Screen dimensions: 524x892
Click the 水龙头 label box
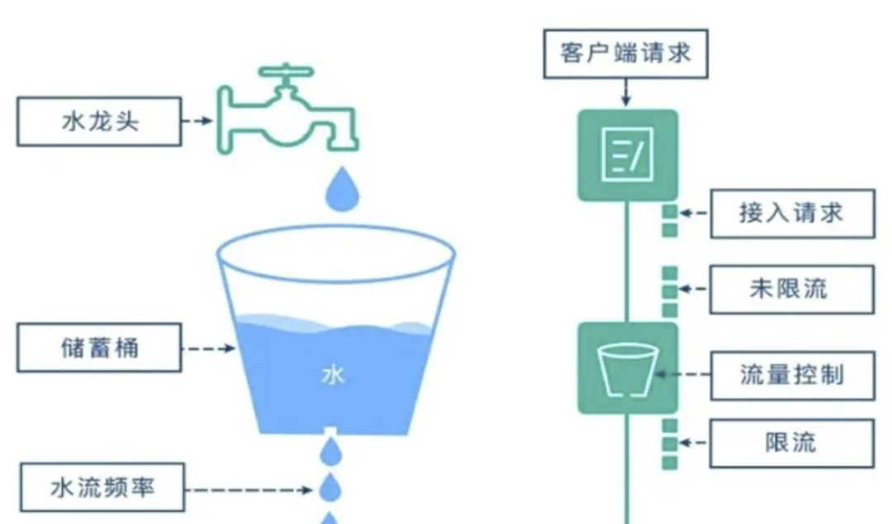pyautogui.click(x=99, y=121)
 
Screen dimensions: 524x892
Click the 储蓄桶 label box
pyautogui.click(x=99, y=347)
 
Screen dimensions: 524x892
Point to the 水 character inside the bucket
pyautogui.click(x=333, y=376)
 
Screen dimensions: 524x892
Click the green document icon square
pyautogui.click(x=627, y=154)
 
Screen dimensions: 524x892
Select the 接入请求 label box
pyautogui.click(x=791, y=214)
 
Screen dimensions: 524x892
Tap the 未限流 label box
pyautogui.click(x=791, y=289)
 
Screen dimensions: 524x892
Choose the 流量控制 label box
pyautogui.click(x=791, y=375)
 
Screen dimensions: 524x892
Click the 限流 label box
pyautogui.click(x=791, y=442)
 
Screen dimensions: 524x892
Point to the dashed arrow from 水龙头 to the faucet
pyautogui.click(x=198, y=121)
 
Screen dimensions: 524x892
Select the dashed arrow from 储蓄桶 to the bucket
pyautogui.click(x=208, y=348)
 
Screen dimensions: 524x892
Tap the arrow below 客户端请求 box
pyautogui.click(x=625, y=92)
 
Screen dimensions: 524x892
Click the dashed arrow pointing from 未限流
pyautogui.click(x=694, y=290)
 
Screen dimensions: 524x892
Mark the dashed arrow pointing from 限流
pyautogui.click(x=694, y=443)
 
